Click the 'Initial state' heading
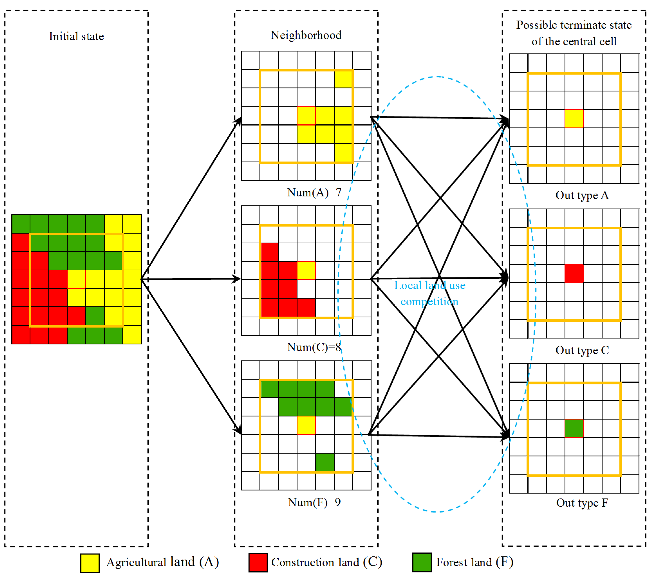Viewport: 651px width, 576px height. click(x=76, y=36)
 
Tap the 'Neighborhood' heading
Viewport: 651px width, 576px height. click(x=306, y=35)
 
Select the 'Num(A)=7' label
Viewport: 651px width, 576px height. click(x=314, y=193)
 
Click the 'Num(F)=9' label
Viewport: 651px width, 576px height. click(x=314, y=502)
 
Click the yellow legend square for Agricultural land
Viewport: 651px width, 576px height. click(x=90, y=563)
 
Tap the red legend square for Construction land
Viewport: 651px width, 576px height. click(x=258, y=563)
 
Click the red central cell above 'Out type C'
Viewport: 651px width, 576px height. click(x=574, y=273)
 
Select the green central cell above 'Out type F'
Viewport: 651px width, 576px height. click(x=574, y=428)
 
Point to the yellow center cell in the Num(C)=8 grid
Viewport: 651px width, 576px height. click(x=306, y=271)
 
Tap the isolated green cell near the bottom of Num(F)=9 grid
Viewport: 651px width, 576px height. click(x=325, y=462)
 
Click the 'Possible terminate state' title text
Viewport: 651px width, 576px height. click(x=574, y=25)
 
